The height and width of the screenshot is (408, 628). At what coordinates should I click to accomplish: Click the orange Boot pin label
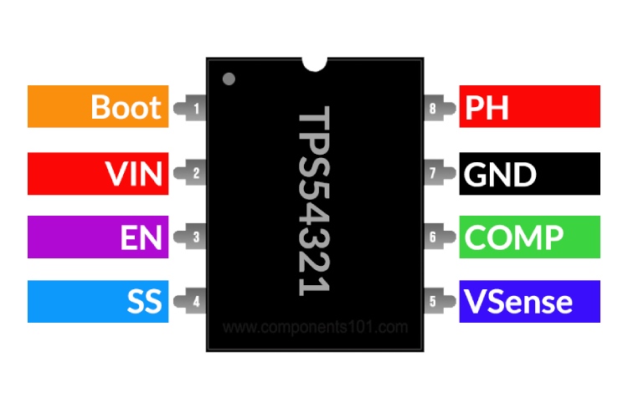98,106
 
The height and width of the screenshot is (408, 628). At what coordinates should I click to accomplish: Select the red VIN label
98,173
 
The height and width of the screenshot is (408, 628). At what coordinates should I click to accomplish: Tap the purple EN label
98,237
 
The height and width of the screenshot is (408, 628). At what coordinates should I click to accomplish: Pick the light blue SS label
98,301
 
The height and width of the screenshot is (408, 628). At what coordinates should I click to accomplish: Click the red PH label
529,106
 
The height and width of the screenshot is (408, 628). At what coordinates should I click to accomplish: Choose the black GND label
529,173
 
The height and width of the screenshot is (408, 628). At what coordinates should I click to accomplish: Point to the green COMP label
529,237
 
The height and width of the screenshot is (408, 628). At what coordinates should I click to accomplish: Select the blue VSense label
529,301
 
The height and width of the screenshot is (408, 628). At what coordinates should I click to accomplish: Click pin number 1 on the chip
195,107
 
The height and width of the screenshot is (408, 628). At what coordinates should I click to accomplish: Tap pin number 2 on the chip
195,174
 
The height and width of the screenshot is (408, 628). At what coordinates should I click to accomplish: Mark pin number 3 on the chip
195,237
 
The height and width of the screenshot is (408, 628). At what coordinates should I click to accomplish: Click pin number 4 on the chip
195,302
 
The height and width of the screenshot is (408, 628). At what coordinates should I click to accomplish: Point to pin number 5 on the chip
433,302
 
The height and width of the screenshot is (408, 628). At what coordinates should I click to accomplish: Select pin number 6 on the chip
433,237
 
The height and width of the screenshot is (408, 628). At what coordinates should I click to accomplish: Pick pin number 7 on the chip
433,174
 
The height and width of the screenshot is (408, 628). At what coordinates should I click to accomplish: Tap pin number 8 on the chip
433,107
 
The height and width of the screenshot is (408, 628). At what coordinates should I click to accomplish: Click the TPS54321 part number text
314,201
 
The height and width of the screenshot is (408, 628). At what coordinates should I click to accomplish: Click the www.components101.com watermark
315,327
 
